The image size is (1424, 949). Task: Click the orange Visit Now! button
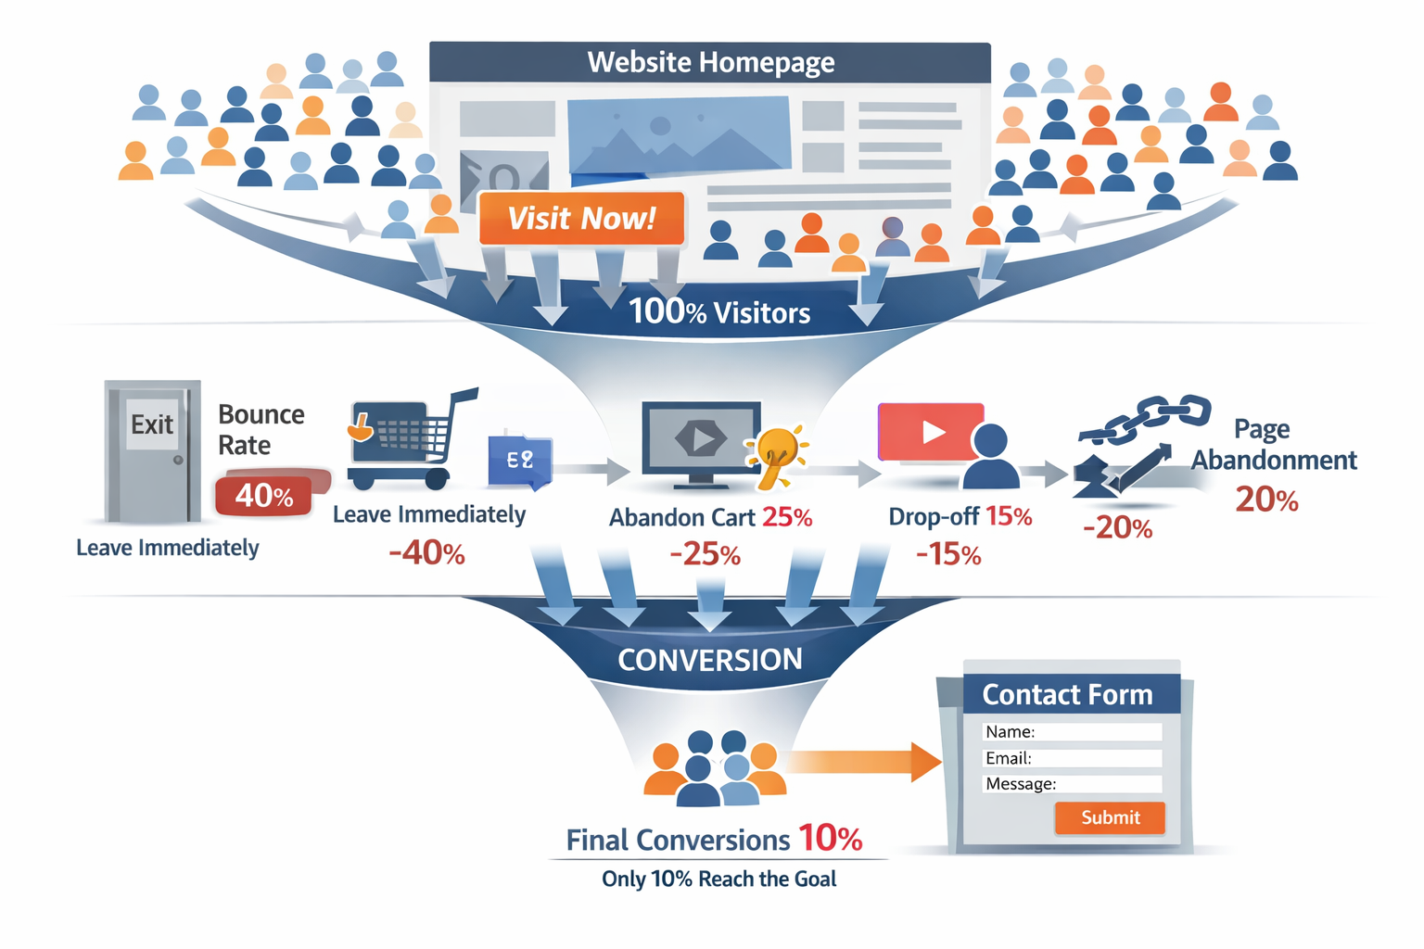(581, 219)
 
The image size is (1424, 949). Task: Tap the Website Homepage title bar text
(710, 62)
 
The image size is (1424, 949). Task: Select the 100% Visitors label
(719, 312)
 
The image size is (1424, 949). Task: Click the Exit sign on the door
(151, 425)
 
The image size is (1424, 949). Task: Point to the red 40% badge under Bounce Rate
(265, 496)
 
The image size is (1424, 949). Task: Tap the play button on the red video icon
(932, 432)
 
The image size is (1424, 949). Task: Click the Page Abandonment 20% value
(1266, 500)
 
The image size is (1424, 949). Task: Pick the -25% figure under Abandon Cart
(706, 554)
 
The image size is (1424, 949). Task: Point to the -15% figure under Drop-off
(948, 554)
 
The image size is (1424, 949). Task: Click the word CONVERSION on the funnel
(710, 660)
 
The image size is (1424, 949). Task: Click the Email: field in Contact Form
(1072, 758)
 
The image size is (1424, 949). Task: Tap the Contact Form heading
(1067, 694)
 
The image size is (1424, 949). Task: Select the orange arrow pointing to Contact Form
(862, 762)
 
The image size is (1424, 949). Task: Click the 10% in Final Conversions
(830, 839)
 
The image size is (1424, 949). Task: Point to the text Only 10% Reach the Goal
(718, 879)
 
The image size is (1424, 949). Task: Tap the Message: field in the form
(1072, 784)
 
